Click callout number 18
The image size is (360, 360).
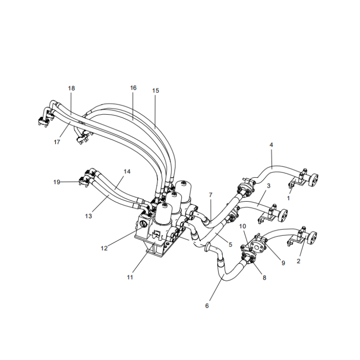pos(72,88)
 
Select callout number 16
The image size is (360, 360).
pos(133,88)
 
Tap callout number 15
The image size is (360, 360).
pos(156,91)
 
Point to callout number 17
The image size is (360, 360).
pos(57,142)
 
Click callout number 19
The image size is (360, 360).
pos(57,182)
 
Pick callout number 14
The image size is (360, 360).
pos(127,172)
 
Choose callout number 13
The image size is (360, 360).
pos(88,216)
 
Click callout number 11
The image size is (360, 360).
pos(130,277)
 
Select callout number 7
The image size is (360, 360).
pos(210,194)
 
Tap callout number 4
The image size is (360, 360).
pos(271,145)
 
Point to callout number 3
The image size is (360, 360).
pos(268,185)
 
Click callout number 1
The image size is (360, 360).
pos(289,198)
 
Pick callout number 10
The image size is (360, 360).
pos(243,226)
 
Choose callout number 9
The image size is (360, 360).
pos(283,263)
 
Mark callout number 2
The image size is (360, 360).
pos(298,261)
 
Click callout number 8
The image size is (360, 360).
pos(265,278)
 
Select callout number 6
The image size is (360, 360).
pos(207,306)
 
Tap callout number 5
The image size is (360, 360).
pos(230,245)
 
